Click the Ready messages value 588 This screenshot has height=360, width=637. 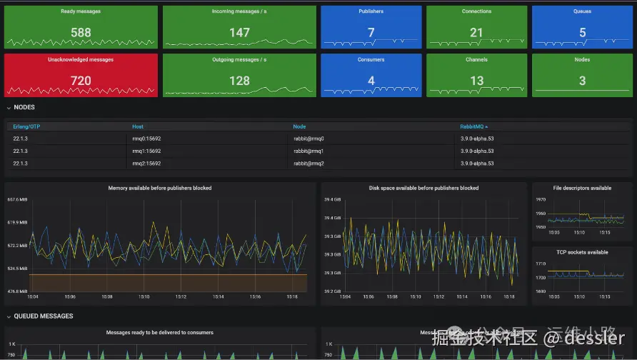(x=81, y=32)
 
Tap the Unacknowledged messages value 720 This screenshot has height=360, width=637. (x=81, y=81)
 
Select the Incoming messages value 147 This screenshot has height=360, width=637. (x=239, y=32)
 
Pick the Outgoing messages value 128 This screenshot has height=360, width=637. (x=239, y=81)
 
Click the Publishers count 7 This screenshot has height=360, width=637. (x=371, y=32)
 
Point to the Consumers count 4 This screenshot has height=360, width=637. (x=371, y=81)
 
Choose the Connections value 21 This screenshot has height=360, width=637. (x=476, y=32)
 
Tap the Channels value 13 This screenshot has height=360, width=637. (x=476, y=81)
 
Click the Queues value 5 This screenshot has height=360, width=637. (x=582, y=32)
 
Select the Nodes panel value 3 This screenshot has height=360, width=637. (x=582, y=81)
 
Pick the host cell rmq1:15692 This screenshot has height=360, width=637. (x=146, y=151)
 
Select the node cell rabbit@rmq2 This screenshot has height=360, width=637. (x=309, y=164)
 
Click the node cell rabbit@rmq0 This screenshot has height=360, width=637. (x=309, y=139)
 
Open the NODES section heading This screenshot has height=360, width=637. (x=24, y=107)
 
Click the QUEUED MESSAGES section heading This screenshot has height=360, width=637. (x=43, y=316)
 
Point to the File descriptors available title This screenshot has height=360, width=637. (x=582, y=188)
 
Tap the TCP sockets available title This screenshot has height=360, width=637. (x=582, y=252)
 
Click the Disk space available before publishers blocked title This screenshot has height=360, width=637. (x=423, y=188)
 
